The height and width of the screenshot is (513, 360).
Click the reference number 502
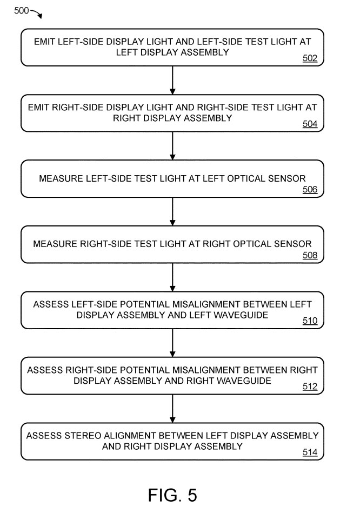(310, 58)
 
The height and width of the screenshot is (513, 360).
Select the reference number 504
(310, 124)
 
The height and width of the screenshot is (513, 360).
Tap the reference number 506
(310, 189)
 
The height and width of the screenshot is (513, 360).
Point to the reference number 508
(310, 255)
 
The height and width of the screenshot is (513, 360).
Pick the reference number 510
(310, 321)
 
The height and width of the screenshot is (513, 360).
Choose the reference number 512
(310, 387)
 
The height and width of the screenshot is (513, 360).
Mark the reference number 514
(310, 452)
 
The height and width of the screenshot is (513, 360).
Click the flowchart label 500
(21, 10)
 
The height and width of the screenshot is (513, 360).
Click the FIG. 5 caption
(172, 495)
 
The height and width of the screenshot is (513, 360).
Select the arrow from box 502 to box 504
(172, 81)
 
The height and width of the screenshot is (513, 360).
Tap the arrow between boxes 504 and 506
(172, 146)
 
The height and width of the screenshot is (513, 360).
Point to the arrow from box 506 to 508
(172, 212)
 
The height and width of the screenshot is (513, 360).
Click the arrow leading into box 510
(172, 277)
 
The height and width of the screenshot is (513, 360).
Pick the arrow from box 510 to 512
(172, 343)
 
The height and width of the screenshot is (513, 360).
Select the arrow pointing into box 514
(172, 409)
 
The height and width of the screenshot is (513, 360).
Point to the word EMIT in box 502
(44, 42)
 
